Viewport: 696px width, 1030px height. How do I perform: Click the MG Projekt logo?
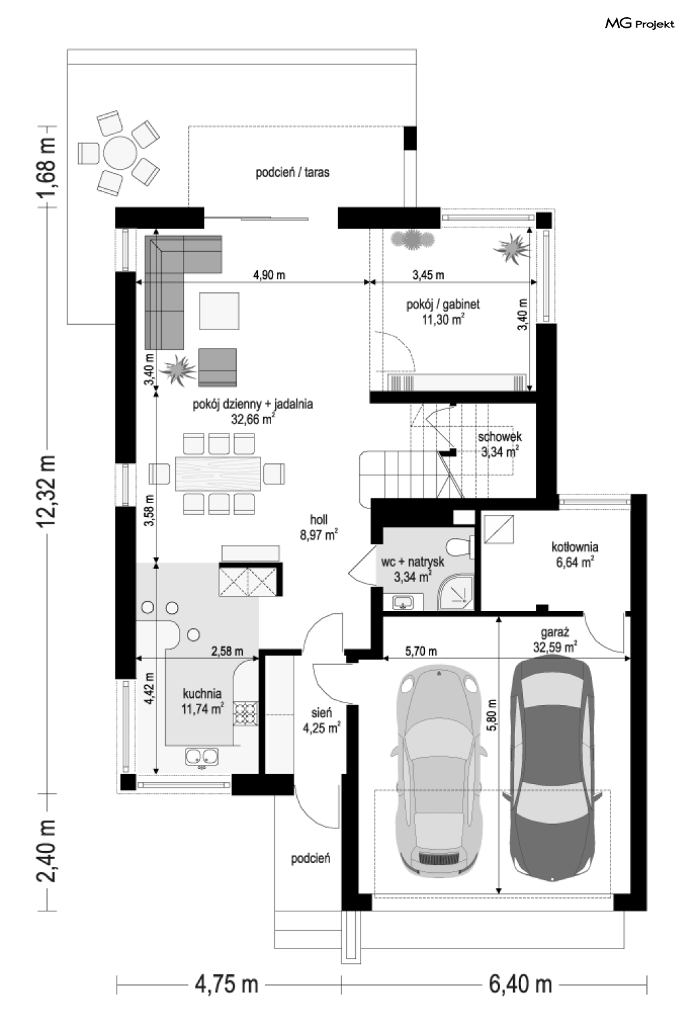640,24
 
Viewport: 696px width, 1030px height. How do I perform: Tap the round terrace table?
121,153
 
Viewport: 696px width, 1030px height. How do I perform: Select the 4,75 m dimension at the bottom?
227,984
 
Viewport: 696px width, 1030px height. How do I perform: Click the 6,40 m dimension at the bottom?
520,984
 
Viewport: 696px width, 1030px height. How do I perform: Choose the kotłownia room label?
575,547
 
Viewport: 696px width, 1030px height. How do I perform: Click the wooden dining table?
218,474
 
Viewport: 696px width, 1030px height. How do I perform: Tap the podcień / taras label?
292,172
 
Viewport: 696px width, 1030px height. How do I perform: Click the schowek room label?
500,436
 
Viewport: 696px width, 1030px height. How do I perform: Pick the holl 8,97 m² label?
319,527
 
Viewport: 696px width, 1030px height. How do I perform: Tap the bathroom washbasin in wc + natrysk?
404,602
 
